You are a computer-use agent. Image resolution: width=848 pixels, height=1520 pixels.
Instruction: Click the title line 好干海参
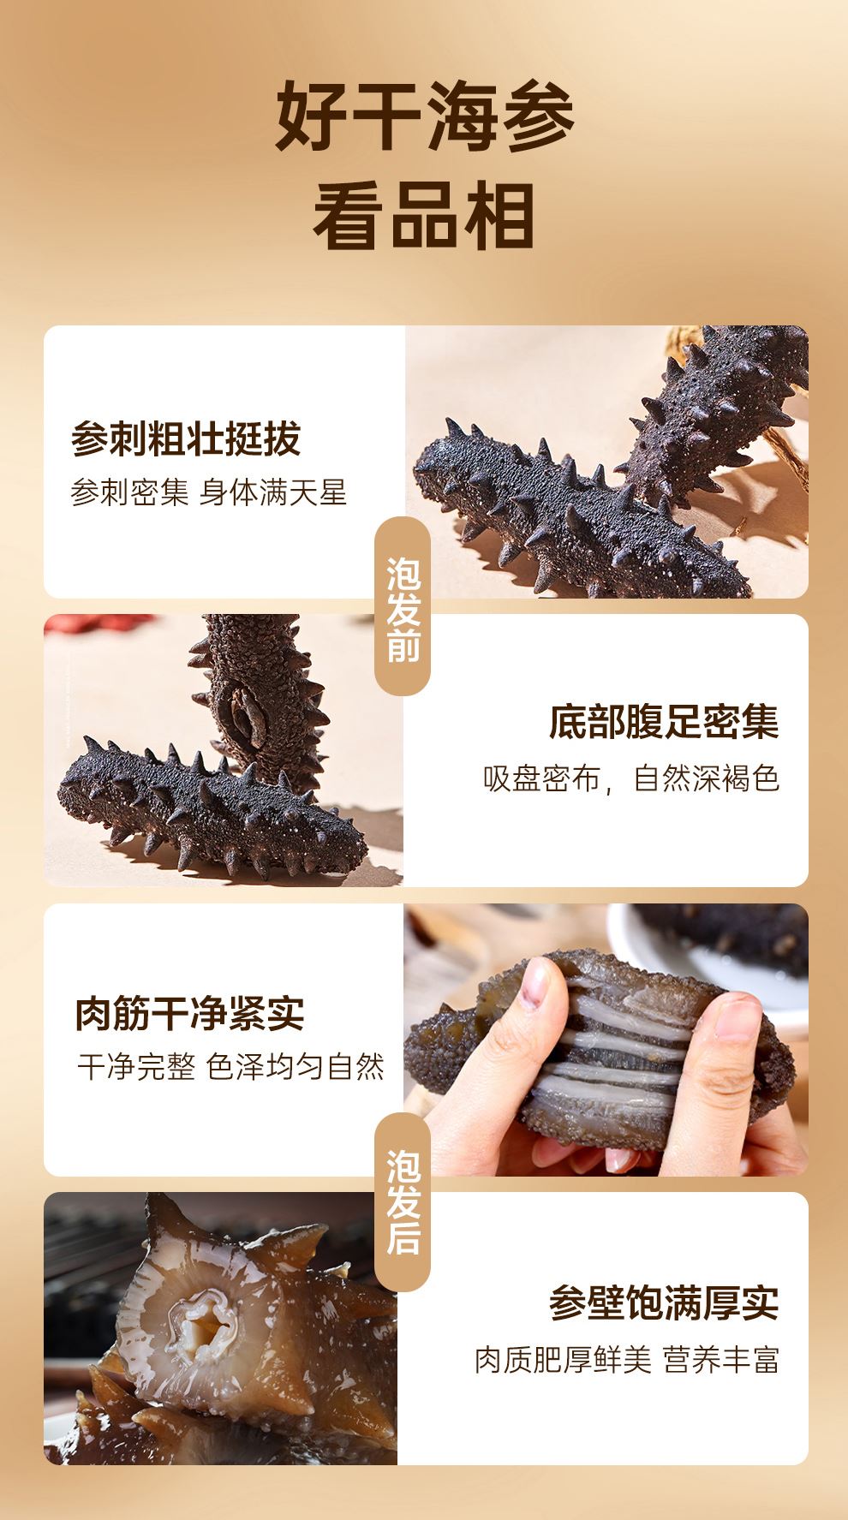[x=424, y=118]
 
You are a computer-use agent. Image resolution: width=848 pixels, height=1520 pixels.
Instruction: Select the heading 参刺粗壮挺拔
[x=186, y=439]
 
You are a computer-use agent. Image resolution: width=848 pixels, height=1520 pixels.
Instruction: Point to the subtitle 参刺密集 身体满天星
[x=209, y=493]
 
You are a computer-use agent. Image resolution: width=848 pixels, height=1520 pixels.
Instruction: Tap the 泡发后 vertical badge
[x=403, y=1201]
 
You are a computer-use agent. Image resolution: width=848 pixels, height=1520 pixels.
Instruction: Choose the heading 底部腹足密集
[x=665, y=723]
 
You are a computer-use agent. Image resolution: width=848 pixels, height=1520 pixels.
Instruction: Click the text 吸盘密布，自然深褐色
[x=631, y=778]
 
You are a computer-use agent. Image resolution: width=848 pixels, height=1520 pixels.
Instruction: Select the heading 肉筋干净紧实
[x=190, y=1013]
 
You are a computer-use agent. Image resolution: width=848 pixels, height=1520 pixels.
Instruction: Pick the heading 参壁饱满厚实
[x=665, y=1302]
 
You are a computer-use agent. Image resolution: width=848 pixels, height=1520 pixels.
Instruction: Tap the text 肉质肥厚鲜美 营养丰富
[x=628, y=1359]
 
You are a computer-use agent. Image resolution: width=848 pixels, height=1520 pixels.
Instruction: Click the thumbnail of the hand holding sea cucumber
[x=606, y=1040]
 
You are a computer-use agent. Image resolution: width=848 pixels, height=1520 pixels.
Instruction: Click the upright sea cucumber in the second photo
[x=257, y=694]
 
